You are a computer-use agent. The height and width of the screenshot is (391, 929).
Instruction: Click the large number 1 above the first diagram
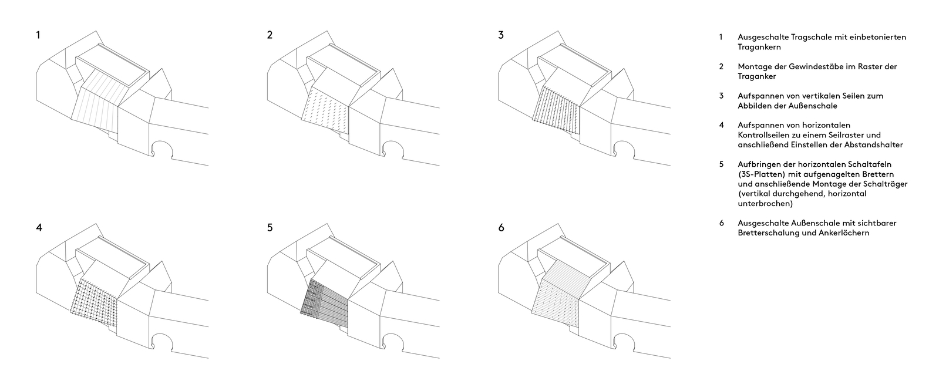(38, 35)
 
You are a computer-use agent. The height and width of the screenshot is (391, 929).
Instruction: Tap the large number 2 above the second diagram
(270, 35)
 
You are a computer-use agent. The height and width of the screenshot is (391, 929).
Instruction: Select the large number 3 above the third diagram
(501, 35)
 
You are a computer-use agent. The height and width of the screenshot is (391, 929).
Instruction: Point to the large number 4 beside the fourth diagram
(39, 228)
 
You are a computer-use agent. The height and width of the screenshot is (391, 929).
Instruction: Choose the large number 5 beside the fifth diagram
(270, 228)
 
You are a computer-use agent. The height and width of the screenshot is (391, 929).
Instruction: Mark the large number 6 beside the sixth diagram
(501, 228)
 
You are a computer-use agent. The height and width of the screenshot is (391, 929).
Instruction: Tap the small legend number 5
(722, 164)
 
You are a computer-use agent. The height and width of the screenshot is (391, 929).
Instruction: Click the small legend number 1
(721, 37)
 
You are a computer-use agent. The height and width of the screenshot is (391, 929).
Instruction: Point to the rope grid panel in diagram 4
(95, 303)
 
